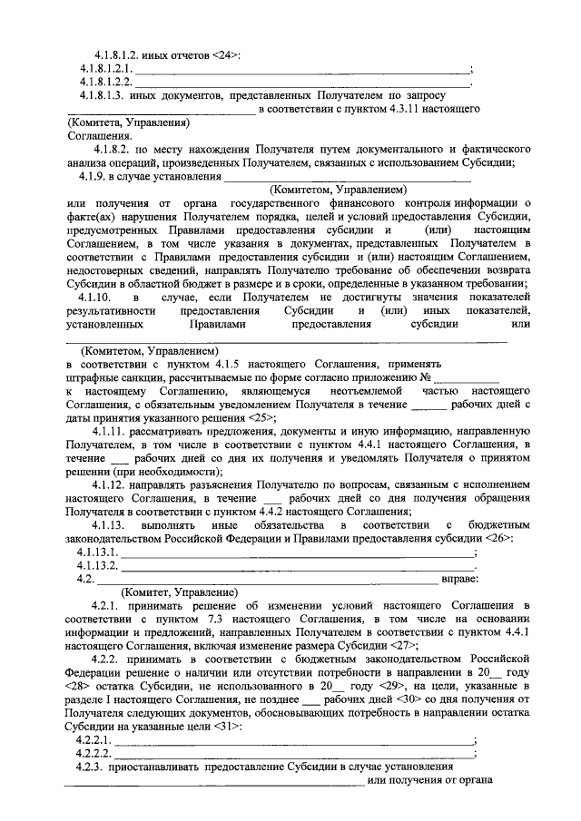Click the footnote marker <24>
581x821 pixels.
tap(225, 56)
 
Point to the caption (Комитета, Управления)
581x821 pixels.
tap(128, 122)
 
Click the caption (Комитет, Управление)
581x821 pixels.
tap(180, 591)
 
